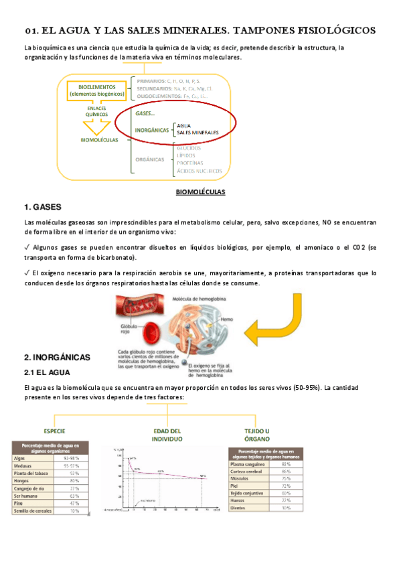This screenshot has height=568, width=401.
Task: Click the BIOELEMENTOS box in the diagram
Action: tap(97, 90)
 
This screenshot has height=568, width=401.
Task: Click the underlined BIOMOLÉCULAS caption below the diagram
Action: tap(200, 192)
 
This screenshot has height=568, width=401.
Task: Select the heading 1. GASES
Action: tap(42, 206)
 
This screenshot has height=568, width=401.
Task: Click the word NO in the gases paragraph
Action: tap(326, 222)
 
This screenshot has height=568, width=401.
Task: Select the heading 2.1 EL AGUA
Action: tap(51, 372)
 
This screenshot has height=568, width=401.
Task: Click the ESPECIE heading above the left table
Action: tap(54, 431)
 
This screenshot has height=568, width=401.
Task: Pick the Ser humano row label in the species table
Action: tap(29, 496)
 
